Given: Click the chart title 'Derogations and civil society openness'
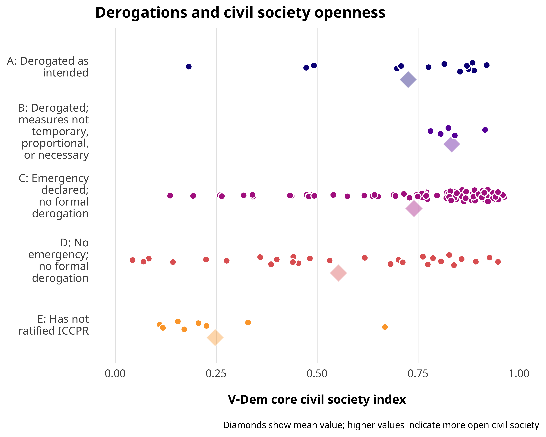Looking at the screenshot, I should point(240,13).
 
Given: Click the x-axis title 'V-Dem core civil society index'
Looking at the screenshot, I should point(317,399).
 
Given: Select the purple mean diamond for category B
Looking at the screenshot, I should point(452,144).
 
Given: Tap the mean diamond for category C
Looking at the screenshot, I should point(414,209).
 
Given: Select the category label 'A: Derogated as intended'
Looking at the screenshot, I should point(48,67).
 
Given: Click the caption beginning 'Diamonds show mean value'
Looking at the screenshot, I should point(381,425).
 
